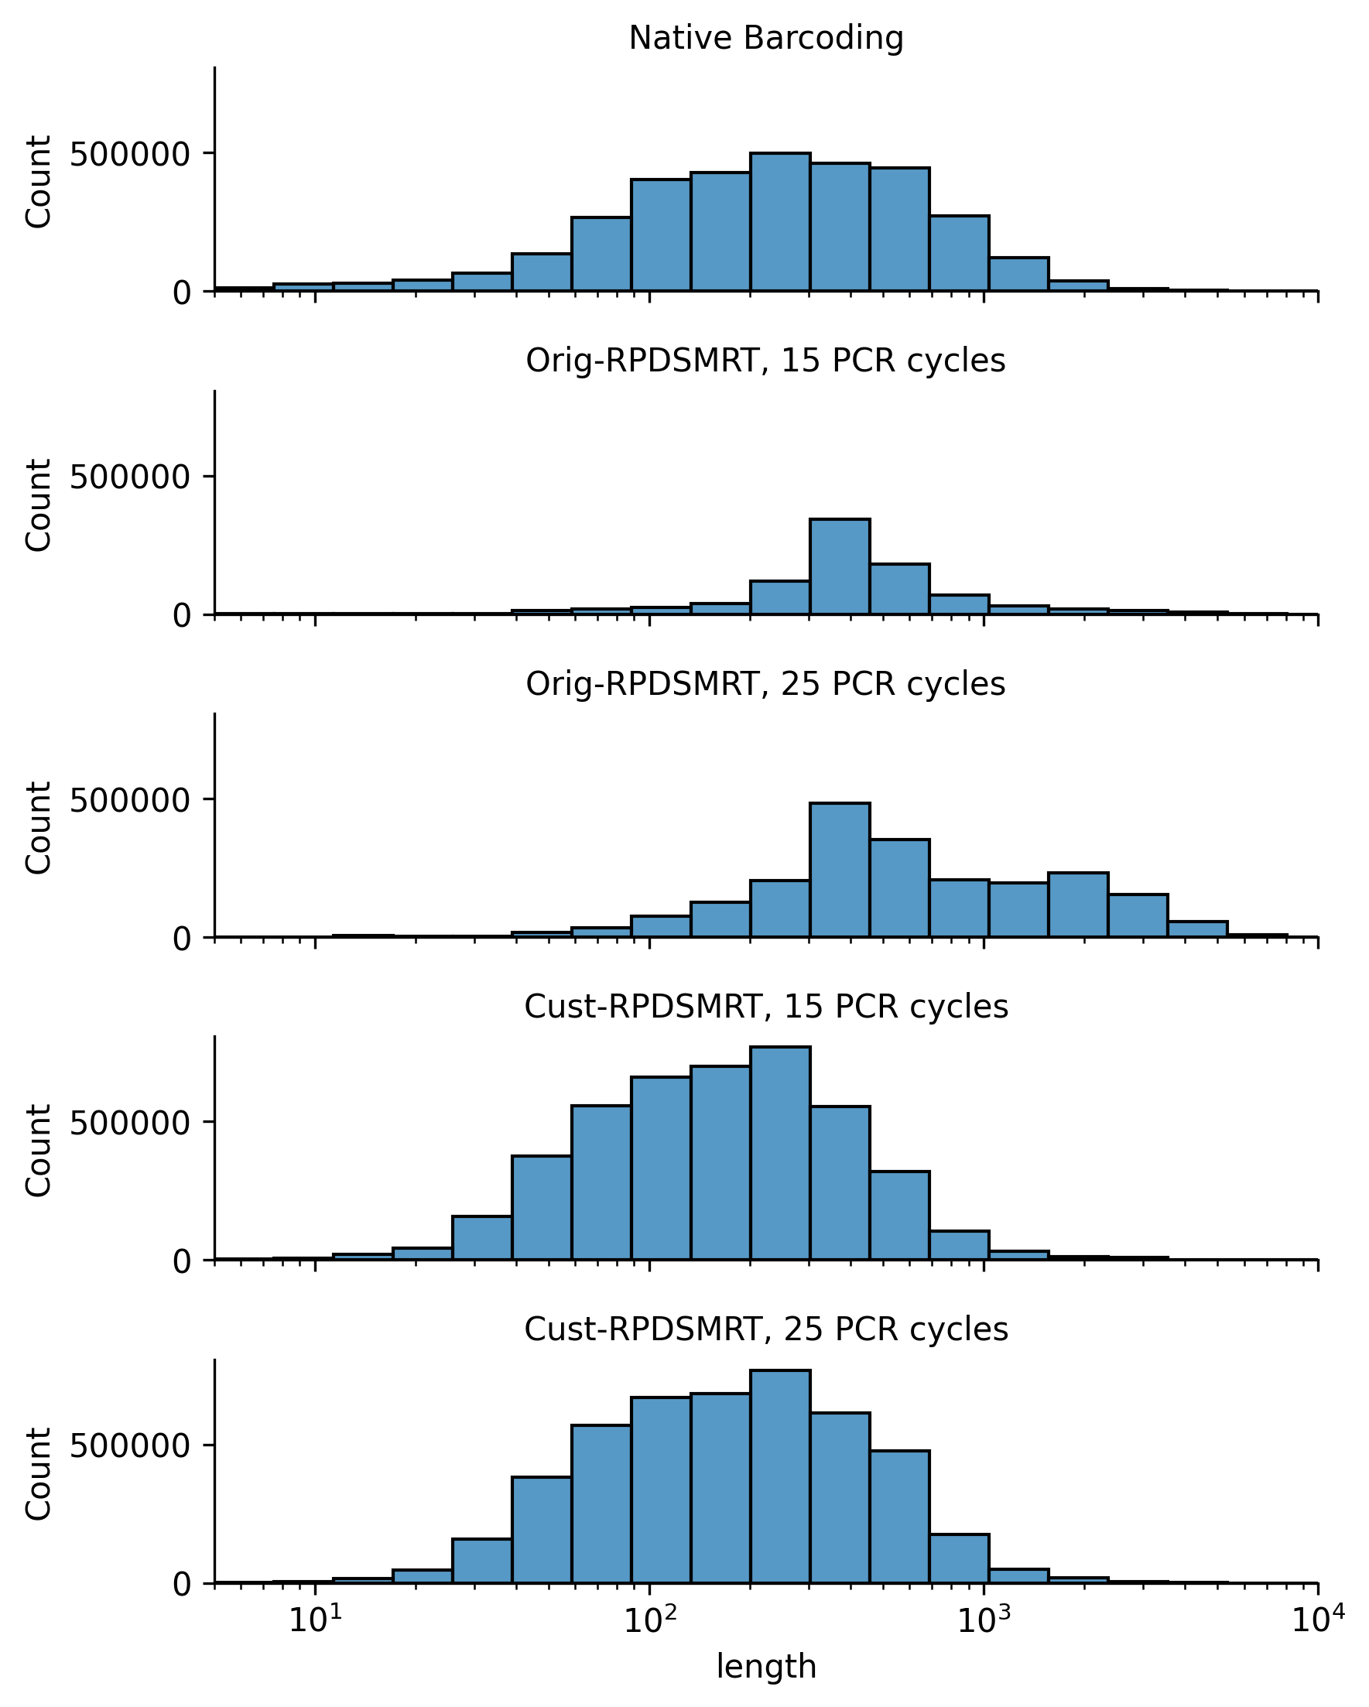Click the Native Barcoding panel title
click(765, 38)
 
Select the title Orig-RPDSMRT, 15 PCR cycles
click(765, 361)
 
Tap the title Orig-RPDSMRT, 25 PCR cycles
click(765, 684)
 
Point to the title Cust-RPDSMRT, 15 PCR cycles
click(765, 1007)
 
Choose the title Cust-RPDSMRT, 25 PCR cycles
click(765, 1329)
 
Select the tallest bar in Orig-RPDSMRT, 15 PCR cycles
click(840, 567)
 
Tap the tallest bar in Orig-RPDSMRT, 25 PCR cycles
click(840, 871)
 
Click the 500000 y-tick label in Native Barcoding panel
click(130, 155)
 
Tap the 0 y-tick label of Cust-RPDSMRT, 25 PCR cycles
click(182, 1585)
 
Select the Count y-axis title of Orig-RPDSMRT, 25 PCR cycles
click(38, 828)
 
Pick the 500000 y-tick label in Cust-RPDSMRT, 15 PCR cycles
click(130, 1124)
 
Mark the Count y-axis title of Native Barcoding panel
click(38, 182)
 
